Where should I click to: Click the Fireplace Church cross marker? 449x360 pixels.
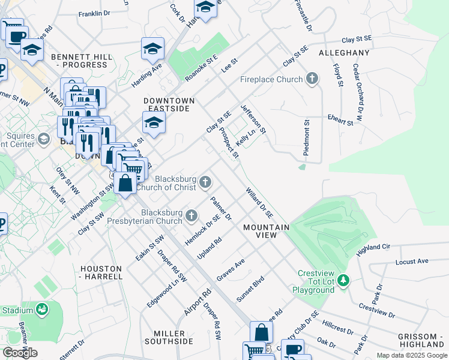[x=312, y=79]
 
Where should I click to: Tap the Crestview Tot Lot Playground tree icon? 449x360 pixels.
[x=343, y=280]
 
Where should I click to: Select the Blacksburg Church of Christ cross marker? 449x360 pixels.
[x=205, y=182]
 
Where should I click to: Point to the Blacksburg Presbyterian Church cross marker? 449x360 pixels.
[x=191, y=215]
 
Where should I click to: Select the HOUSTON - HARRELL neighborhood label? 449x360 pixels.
[x=101, y=272]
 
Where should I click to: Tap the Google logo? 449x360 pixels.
[x=20, y=353]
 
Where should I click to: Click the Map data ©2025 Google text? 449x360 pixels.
[x=411, y=355]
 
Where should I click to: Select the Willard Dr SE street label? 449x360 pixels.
[x=259, y=203]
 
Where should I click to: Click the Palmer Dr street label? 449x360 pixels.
[x=220, y=207]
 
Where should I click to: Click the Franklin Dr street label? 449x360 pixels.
[x=94, y=13]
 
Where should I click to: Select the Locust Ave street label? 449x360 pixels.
[x=411, y=262]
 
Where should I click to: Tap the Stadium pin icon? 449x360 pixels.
[x=42, y=310]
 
